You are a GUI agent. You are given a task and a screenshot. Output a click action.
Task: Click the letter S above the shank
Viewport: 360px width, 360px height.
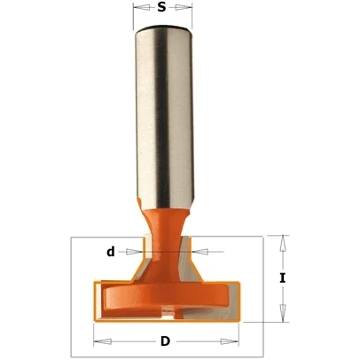(161, 7)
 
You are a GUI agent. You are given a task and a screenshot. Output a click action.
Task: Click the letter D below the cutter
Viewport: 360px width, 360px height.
(166, 341)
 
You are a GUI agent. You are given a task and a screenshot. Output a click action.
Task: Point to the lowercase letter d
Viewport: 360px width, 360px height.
(111, 252)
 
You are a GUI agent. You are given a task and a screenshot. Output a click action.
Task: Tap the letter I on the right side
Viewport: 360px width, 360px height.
(283, 278)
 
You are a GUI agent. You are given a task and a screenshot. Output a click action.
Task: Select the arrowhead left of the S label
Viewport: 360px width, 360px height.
(142, 7)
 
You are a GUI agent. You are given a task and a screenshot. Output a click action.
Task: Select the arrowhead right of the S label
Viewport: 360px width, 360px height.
(184, 7)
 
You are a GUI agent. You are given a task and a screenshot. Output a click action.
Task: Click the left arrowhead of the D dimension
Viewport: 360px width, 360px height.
(103, 341)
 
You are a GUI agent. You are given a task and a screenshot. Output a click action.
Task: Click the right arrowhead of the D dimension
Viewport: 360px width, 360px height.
(230, 341)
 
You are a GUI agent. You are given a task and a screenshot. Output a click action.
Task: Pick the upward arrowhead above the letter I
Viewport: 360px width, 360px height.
(283, 244)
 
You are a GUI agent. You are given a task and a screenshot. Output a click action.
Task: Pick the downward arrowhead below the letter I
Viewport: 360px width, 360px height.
(283, 313)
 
